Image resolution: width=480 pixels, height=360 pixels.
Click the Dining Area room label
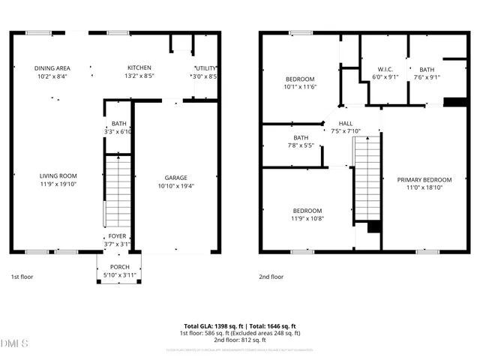52,68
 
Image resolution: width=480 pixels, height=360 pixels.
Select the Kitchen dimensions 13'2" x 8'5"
139,76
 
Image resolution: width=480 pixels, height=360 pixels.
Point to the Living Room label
58,176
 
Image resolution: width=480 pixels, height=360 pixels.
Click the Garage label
176,178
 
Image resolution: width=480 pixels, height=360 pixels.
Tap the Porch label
119,267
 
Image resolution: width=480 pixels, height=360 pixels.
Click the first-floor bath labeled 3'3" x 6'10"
119,124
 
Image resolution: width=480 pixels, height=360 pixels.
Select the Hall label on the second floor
346,124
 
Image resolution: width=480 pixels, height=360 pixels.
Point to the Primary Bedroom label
424,180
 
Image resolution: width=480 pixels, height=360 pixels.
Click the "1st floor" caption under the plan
21,276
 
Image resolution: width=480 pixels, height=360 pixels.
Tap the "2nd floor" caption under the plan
271,276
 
